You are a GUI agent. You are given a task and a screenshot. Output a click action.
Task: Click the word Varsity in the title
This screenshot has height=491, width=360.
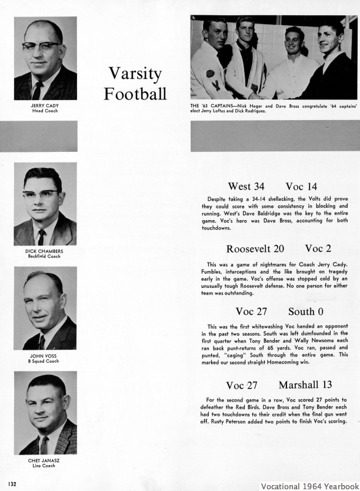135,74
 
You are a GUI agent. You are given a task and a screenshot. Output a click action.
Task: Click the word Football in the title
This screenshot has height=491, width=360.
135,94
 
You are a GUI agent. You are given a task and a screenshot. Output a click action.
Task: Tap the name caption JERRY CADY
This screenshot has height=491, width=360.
45,106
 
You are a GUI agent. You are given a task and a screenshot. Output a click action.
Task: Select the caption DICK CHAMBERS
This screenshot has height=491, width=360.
45,251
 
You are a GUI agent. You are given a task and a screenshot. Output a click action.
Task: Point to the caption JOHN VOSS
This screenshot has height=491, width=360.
45,356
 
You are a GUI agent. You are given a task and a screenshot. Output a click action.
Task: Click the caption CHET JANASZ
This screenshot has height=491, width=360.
45,460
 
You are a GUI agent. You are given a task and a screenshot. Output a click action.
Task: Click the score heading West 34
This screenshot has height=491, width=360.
246,187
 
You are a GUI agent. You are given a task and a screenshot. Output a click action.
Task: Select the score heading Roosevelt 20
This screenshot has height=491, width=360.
255,248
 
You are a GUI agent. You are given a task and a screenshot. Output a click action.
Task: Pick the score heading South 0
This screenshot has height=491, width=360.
306,311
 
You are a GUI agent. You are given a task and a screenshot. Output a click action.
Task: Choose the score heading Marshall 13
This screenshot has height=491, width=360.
305,385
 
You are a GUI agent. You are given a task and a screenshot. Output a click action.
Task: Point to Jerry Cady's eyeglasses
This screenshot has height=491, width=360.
41,46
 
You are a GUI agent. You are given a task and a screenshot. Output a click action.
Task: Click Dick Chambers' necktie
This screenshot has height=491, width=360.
42,237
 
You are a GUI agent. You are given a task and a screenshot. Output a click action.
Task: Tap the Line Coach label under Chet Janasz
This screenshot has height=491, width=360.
45,466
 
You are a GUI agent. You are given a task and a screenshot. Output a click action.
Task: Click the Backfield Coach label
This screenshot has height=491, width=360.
45,257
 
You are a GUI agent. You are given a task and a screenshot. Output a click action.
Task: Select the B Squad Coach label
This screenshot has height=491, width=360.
45,361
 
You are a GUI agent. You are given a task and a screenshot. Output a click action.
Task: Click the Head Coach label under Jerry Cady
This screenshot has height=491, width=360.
45,111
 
